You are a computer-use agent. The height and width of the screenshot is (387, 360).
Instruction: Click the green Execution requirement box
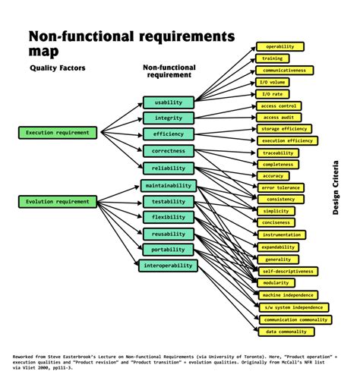(x=58, y=133)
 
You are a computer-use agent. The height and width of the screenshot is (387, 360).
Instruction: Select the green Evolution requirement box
(x=58, y=201)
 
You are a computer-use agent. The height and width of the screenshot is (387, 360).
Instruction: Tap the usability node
(x=169, y=102)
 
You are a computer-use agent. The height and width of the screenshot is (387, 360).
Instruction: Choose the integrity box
(x=169, y=118)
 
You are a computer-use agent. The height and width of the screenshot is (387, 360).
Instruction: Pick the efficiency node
(x=169, y=134)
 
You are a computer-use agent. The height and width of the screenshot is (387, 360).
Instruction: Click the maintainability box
(x=169, y=185)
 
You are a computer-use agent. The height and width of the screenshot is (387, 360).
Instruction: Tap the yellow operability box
(x=279, y=46)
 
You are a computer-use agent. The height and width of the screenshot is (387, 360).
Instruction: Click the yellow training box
(x=272, y=58)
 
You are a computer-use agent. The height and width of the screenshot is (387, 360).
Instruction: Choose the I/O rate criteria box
(x=273, y=93)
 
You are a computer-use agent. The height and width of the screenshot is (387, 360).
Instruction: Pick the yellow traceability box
(x=278, y=153)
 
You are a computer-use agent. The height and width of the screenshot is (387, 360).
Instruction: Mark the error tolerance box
(x=282, y=187)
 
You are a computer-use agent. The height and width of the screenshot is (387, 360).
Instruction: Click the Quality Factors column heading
(x=58, y=68)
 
